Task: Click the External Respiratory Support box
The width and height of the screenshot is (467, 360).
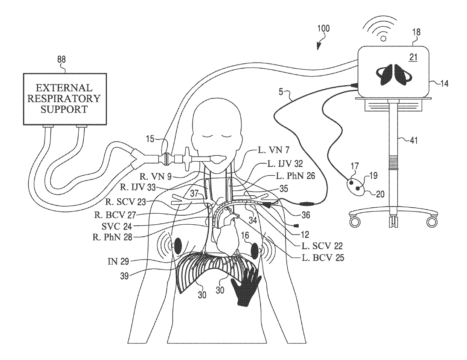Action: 63,99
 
